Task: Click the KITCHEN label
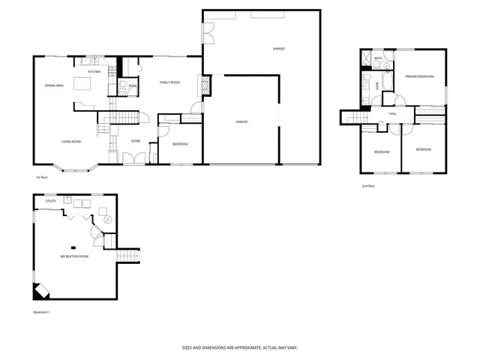[94, 72]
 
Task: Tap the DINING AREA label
[54, 86]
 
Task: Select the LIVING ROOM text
[71, 141]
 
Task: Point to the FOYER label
[136, 141]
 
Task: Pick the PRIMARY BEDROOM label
[419, 76]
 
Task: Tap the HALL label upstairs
[393, 113]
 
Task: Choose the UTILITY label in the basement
[51, 201]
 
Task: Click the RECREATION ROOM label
[74, 257]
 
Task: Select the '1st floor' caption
[42, 178]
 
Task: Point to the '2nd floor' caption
[368, 186]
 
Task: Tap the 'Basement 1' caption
[42, 312]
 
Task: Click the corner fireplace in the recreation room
[40, 291]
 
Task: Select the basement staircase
[130, 256]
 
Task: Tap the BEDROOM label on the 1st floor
[180, 144]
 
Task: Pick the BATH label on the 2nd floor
[378, 58]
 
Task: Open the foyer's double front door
[134, 159]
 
